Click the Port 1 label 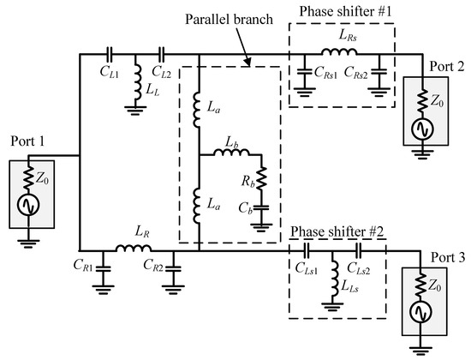[27, 141]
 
